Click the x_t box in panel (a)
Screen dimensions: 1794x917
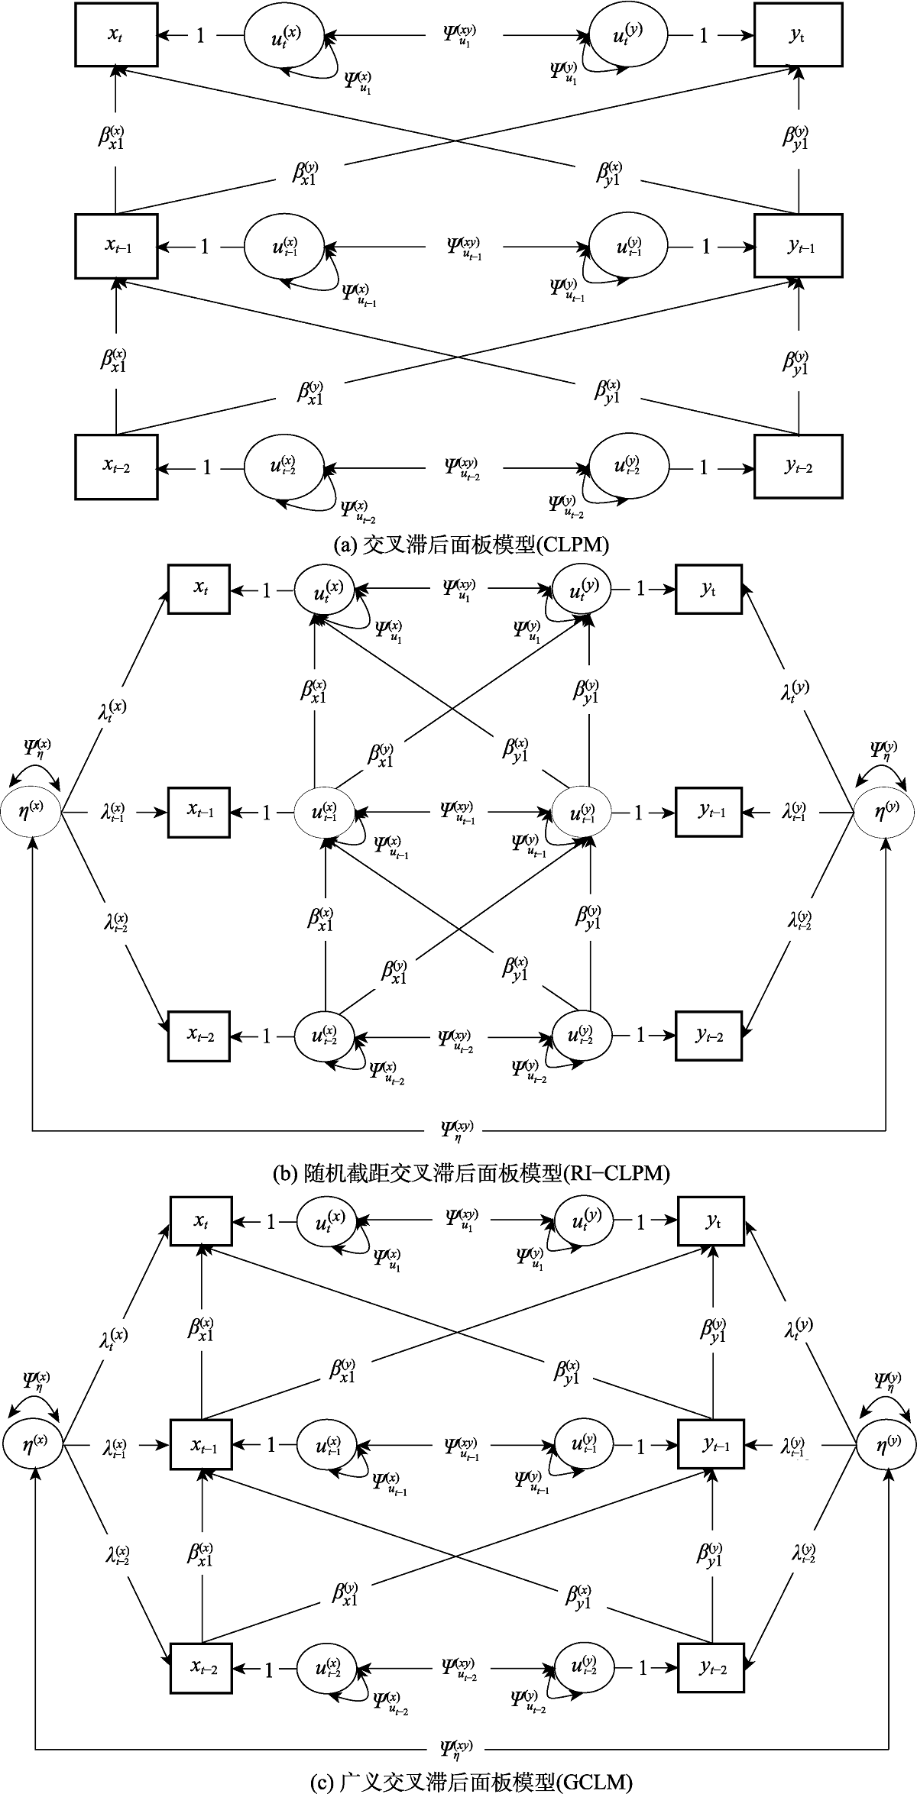[116, 35]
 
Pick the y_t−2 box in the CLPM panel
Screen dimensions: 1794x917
[799, 467]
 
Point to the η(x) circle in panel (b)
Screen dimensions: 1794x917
[31, 813]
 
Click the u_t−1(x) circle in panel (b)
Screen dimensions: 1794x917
[326, 813]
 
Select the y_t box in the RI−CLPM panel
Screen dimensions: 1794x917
[708, 589]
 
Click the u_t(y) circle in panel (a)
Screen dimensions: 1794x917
[628, 35]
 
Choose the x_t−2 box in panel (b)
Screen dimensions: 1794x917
[199, 1036]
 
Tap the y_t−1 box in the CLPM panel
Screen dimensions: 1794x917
[799, 246]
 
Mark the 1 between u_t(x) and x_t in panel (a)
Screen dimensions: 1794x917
[200, 36]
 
